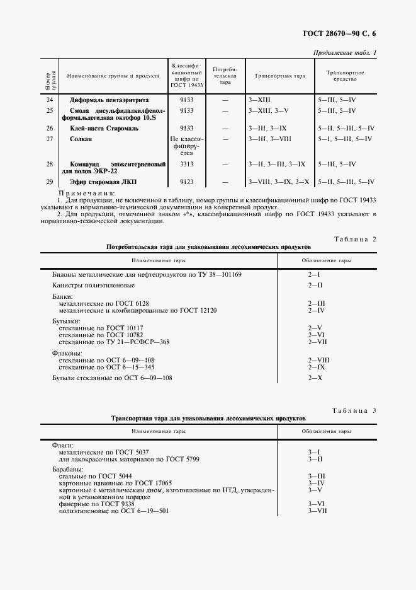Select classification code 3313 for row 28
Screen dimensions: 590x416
click(x=186, y=164)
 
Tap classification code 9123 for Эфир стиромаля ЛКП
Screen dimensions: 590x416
click(x=186, y=182)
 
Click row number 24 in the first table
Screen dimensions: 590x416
click(x=50, y=100)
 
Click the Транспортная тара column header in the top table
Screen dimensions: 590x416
click(x=279, y=76)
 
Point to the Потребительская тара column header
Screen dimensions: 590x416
click(x=225, y=76)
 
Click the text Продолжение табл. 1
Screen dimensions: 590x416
click(x=344, y=52)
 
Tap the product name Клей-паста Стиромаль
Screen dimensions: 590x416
click(x=104, y=128)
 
